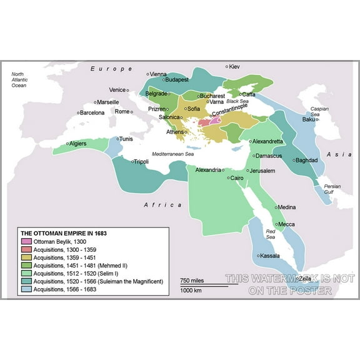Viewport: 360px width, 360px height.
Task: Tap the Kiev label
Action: click(x=234, y=66)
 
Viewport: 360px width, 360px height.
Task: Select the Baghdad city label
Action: click(x=307, y=161)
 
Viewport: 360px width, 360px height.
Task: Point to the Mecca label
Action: click(x=286, y=224)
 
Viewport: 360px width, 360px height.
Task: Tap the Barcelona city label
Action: click(x=92, y=113)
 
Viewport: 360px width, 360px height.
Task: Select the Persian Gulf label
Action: click(x=332, y=189)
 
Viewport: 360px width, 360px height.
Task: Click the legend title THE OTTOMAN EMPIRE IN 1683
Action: click(x=64, y=233)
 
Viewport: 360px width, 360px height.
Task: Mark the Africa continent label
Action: click(x=162, y=205)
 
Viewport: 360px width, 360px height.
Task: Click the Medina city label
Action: click(x=286, y=207)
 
